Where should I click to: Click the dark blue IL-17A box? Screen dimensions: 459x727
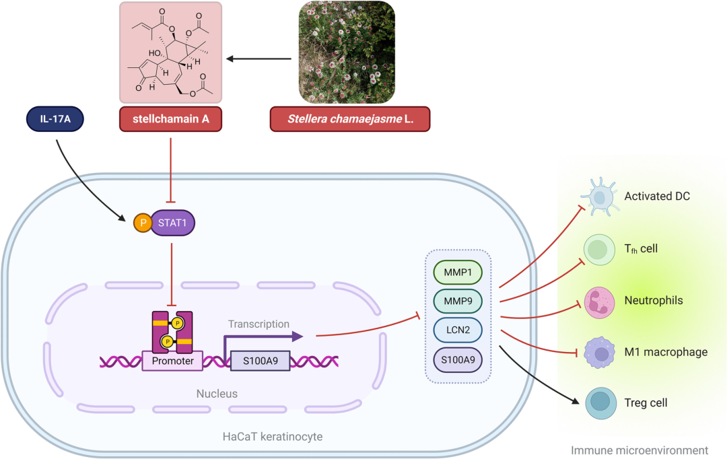pyautogui.click(x=58, y=119)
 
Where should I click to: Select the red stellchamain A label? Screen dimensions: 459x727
pyautogui.click(x=172, y=119)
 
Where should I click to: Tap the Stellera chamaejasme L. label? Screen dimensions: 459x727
pyautogui.click(x=349, y=119)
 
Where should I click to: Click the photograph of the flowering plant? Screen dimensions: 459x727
pyautogui.click(x=347, y=52)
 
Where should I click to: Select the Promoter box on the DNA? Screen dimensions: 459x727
pyautogui.click(x=173, y=361)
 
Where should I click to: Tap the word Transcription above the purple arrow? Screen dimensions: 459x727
pyautogui.click(x=258, y=324)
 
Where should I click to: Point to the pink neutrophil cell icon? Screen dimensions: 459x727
pyautogui.click(x=598, y=301)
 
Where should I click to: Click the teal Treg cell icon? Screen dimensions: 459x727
pyautogui.click(x=598, y=403)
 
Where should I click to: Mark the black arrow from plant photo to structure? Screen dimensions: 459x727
pyautogui.click(x=258, y=59)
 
